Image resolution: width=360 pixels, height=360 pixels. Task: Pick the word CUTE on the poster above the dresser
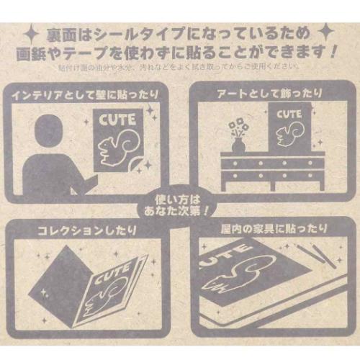pos(289,114)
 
